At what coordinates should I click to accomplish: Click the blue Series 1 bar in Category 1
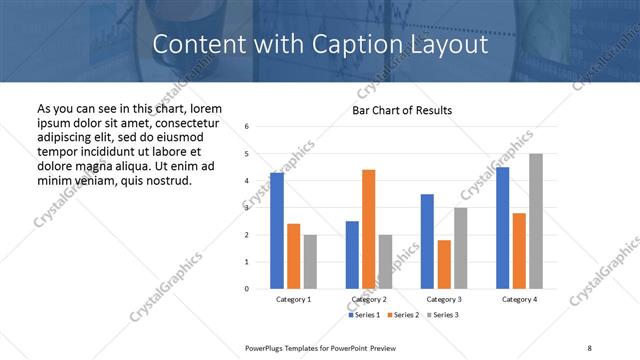click(277, 231)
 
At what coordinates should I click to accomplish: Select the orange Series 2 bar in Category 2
click(368, 229)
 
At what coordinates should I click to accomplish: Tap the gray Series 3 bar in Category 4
click(536, 221)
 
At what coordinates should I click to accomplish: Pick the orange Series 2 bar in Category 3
click(443, 264)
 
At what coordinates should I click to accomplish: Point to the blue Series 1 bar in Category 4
click(502, 228)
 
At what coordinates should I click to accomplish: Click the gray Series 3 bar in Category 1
click(310, 262)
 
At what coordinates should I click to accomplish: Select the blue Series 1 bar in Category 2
click(352, 255)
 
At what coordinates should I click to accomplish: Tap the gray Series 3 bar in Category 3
click(460, 248)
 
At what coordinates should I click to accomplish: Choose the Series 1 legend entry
click(364, 315)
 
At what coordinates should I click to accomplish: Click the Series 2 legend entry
click(402, 315)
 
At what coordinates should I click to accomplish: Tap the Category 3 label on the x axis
click(443, 299)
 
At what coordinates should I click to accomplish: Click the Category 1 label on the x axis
click(293, 299)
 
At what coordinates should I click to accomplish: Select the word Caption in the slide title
click(332, 45)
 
